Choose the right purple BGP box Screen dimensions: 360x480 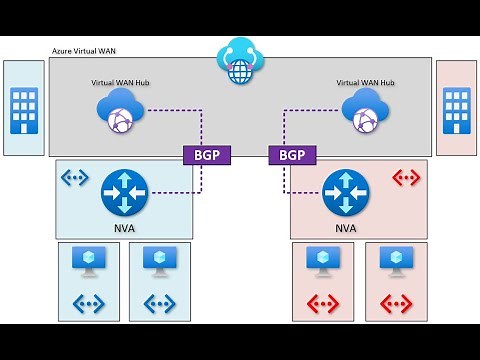[x=292, y=155]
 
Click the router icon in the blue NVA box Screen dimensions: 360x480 [x=124, y=192]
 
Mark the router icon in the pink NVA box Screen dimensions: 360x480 [x=346, y=192]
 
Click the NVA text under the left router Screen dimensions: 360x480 [x=124, y=227]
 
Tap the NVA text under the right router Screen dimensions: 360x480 [x=346, y=227]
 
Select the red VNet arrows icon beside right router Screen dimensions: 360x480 [x=405, y=179]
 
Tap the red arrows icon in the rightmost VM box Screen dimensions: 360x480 [x=395, y=301]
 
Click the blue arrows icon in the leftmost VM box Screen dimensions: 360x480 [x=88, y=301]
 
